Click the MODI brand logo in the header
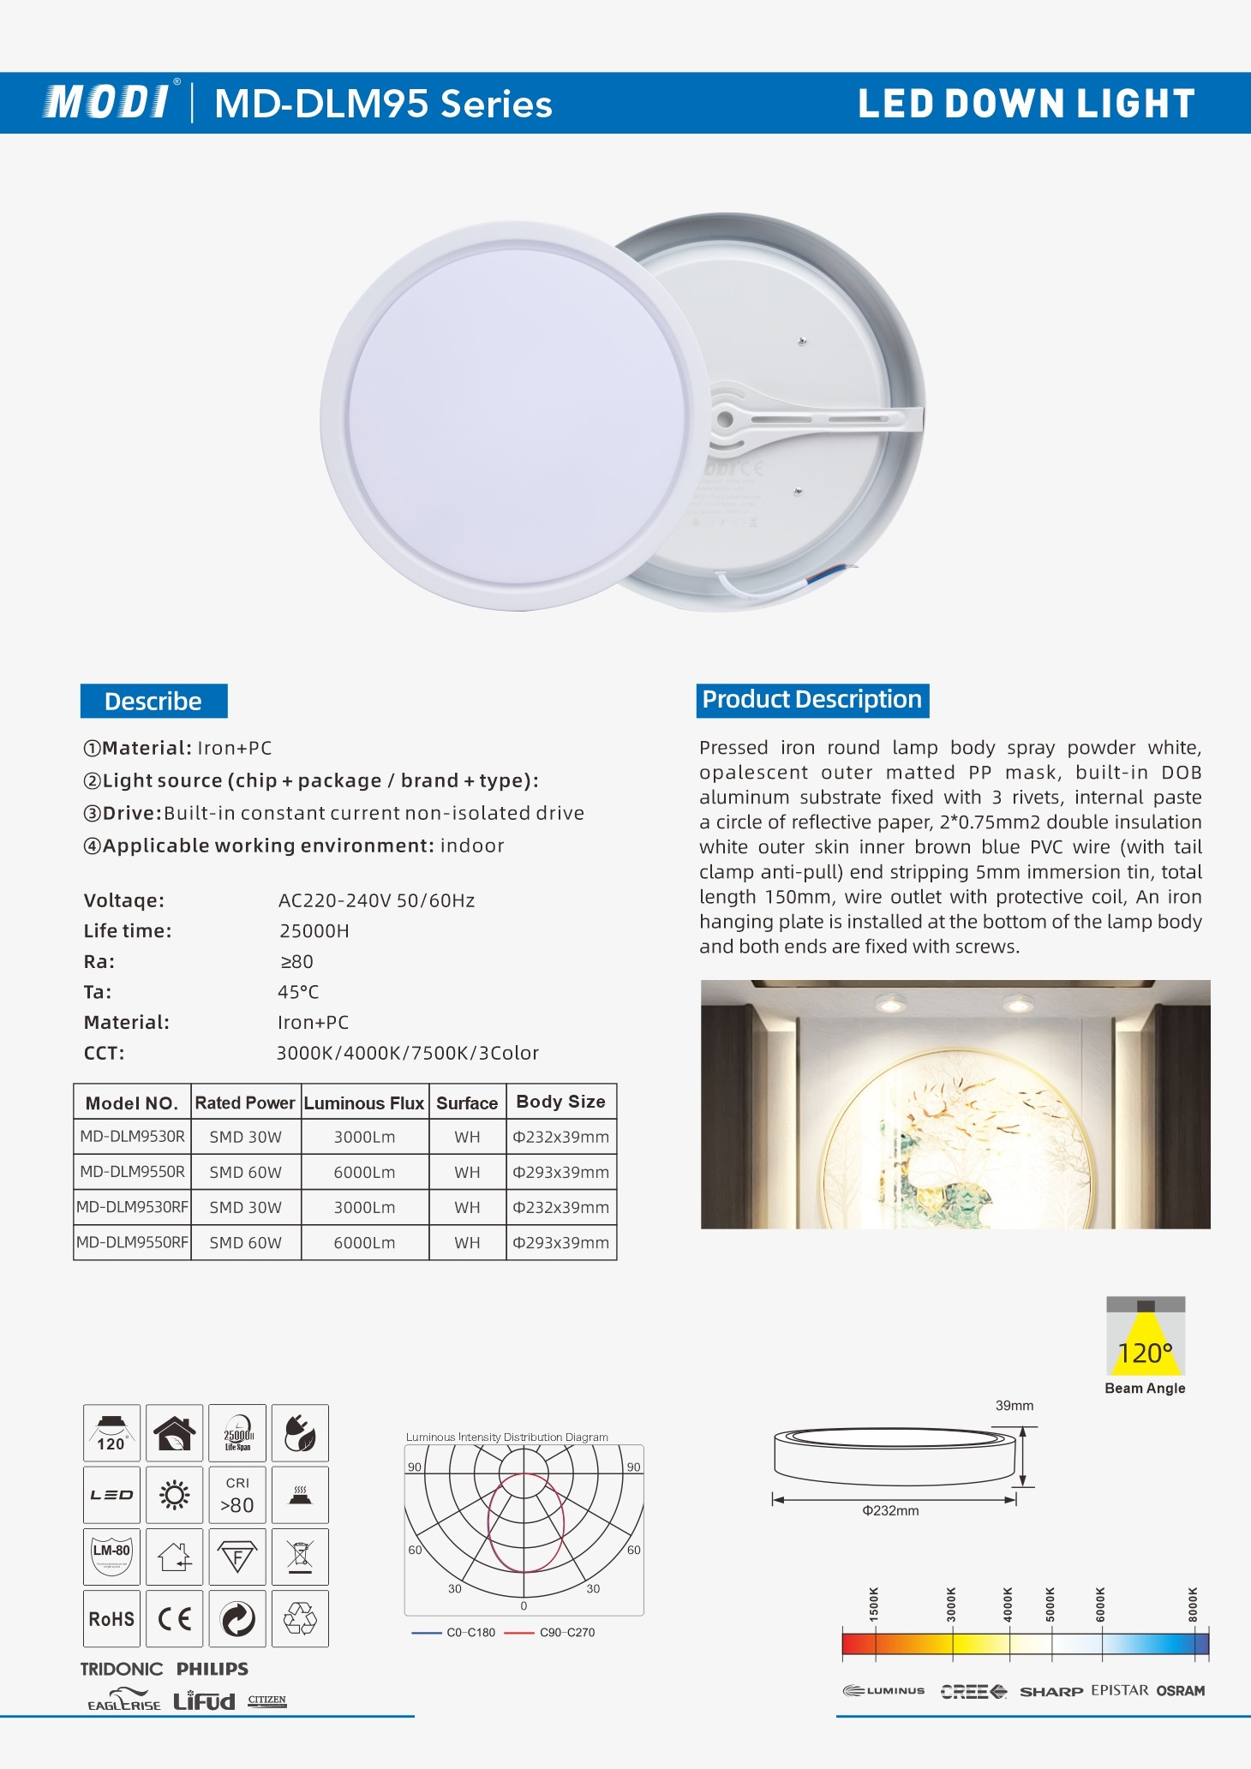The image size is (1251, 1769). click(107, 102)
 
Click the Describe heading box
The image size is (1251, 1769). click(153, 701)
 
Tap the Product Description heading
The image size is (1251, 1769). click(811, 700)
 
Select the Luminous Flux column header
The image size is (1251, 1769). click(364, 1103)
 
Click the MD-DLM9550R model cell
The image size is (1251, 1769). click(132, 1171)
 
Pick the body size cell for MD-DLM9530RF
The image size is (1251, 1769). click(560, 1207)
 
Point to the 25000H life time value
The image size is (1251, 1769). click(314, 930)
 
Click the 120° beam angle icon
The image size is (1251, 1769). click(1145, 1337)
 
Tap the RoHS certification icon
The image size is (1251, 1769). click(111, 1619)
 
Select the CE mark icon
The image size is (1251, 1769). click(174, 1619)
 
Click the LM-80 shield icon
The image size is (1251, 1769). click(111, 1556)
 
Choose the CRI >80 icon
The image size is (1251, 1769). click(237, 1495)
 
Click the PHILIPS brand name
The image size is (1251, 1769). click(212, 1669)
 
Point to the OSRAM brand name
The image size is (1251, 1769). click(1180, 1690)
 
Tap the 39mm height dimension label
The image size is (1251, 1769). click(1014, 1406)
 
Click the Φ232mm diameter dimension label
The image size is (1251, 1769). click(890, 1510)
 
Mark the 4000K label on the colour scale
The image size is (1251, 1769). click(1008, 1604)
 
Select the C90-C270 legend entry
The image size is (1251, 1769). click(566, 1632)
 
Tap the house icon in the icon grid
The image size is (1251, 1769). click(174, 1432)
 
